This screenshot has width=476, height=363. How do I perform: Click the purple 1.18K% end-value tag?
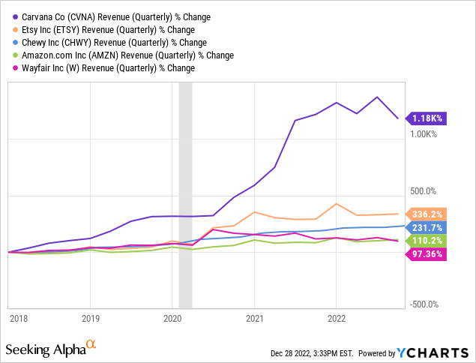pyautogui.click(x=427, y=118)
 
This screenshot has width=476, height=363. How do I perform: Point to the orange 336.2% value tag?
pyautogui.click(x=427, y=214)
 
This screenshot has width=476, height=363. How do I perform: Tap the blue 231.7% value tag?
pyautogui.click(x=427, y=226)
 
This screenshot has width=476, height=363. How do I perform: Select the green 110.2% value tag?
pyautogui.click(x=427, y=240)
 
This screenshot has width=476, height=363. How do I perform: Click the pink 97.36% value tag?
pyautogui.click(x=427, y=253)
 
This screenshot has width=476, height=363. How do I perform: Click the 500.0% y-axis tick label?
pyautogui.click(x=423, y=190)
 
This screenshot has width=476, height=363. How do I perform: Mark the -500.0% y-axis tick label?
pyautogui.click(x=424, y=304)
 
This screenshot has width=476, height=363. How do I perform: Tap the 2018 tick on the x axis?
pyautogui.click(x=18, y=317)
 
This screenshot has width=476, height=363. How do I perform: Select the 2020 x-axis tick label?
pyautogui.click(x=172, y=317)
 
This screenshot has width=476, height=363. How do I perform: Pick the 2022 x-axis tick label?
pyautogui.click(x=337, y=317)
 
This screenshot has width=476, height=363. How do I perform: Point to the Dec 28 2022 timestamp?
pyautogui.click(x=315, y=353)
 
